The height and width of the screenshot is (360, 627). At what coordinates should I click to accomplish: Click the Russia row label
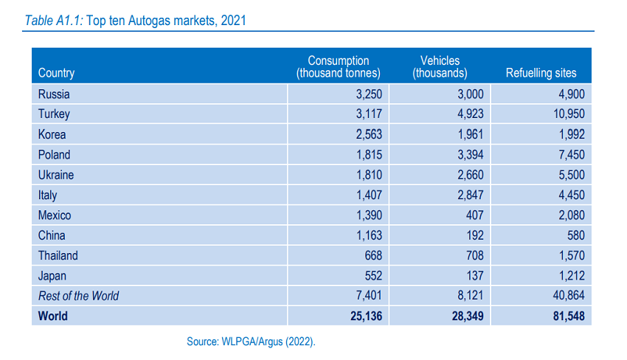(54, 94)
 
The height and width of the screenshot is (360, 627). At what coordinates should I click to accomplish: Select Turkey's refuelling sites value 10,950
(564, 114)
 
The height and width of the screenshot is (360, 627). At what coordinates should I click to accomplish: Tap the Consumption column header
(338, 66)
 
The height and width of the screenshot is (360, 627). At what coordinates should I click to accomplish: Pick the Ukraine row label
(56, 175)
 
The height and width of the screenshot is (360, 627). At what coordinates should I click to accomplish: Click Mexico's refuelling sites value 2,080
(569, 215)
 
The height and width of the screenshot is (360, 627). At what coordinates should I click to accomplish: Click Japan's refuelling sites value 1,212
(569, 276)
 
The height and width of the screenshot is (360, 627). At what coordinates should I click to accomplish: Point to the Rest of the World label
(78, 296)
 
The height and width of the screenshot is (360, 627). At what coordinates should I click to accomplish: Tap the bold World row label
(53, 316)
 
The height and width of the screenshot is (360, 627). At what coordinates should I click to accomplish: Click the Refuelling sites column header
(541, 73)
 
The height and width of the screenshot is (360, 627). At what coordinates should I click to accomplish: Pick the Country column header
(56, 73)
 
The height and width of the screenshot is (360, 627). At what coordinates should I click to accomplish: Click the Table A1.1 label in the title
(54, 21)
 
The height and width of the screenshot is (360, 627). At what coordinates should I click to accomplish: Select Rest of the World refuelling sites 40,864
(566, 296)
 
